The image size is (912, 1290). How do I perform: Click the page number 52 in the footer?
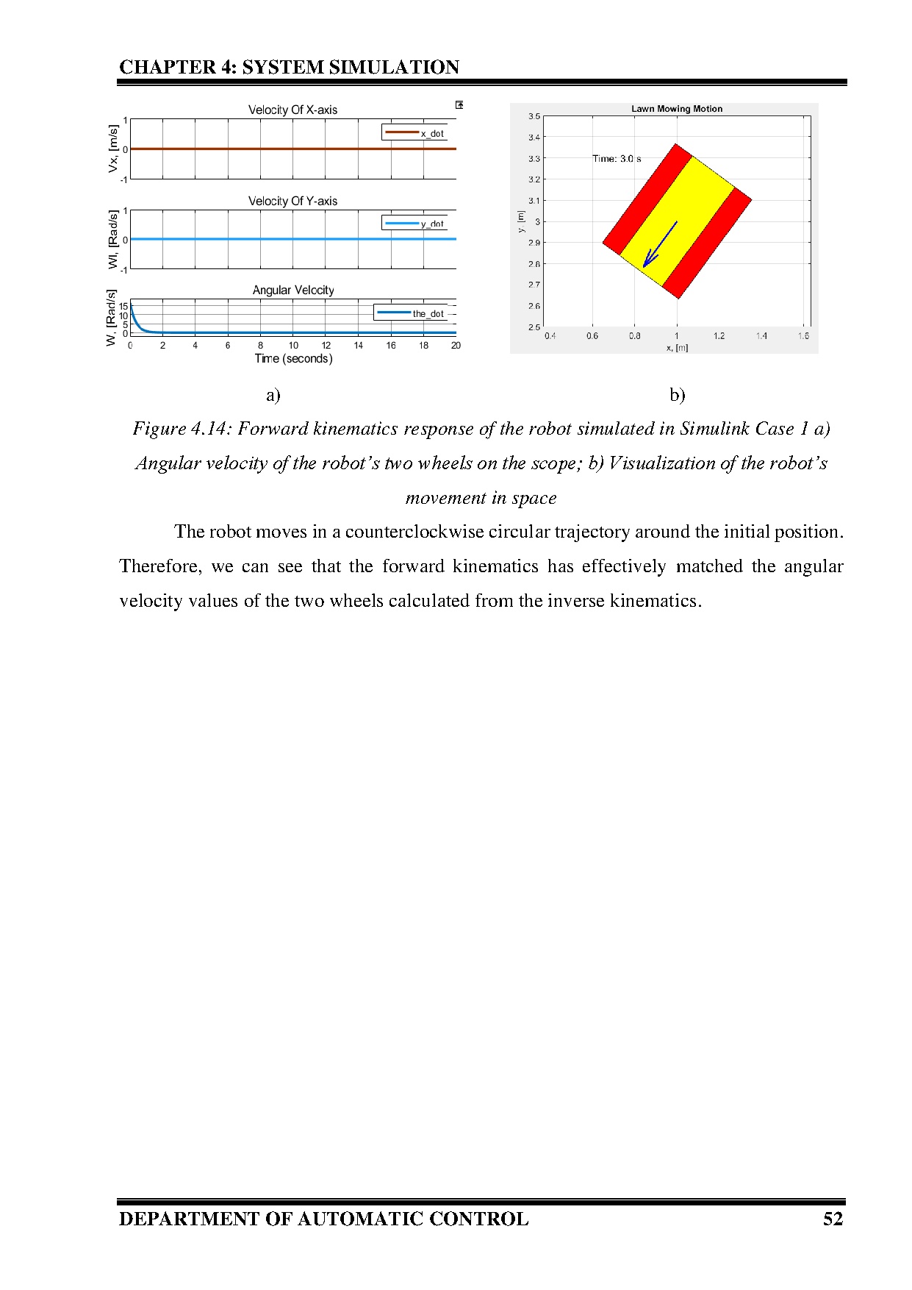pyautogui.click(x=833, y=1219)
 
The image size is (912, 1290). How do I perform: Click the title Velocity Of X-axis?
pyautogui.click(x=292, y=110)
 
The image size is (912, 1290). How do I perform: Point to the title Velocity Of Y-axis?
pyautogui.click(x=292, y=201)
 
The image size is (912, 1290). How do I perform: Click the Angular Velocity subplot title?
pyautogui.click(x=292, y=290)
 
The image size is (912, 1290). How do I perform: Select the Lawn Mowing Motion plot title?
pyautogui.click(x=676, y=109)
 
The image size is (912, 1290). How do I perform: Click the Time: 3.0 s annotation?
pyautogui.click(x=617, y=159)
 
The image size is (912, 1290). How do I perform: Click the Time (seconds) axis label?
pyautogui.click(x=293, y=359)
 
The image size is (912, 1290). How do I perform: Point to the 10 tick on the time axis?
pyautogui.click(x=293, y=346)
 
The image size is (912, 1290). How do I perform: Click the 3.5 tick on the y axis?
pyautogui.click(x=534, y=116)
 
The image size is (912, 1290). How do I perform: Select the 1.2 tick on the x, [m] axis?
pyautogui.click(x=719, y=336)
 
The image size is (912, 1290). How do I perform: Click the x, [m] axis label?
pyautogui.click(x=677, y=348)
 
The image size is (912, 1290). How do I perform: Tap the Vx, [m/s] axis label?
pyautogui.click(x=113, y=149)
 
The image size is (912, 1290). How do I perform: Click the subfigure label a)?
pyautogui.click(x=273, y=396)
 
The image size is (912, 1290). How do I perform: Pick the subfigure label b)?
pyautogui.click(x=677, y=396)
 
